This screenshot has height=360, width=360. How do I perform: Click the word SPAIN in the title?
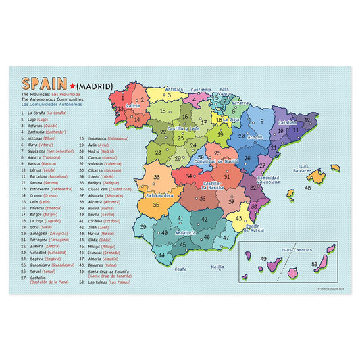[x=44, y=84]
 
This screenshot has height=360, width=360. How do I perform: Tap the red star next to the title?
[x=72, y=86]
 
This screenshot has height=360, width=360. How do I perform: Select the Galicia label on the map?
[x=133, y=106]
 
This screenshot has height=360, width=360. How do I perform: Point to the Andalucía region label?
[x=186, y=233]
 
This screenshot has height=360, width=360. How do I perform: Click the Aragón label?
[x=254, y=136]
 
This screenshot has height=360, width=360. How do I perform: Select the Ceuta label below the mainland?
[x=180, y=269]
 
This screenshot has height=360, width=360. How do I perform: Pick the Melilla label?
[x=217, y=267]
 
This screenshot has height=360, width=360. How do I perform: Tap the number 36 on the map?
[x=202, y=199]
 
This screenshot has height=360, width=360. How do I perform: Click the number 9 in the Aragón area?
[x=261, y=122]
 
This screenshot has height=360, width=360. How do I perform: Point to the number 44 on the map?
[x=162, y=255]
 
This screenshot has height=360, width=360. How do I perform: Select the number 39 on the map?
[x=143, y=226]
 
